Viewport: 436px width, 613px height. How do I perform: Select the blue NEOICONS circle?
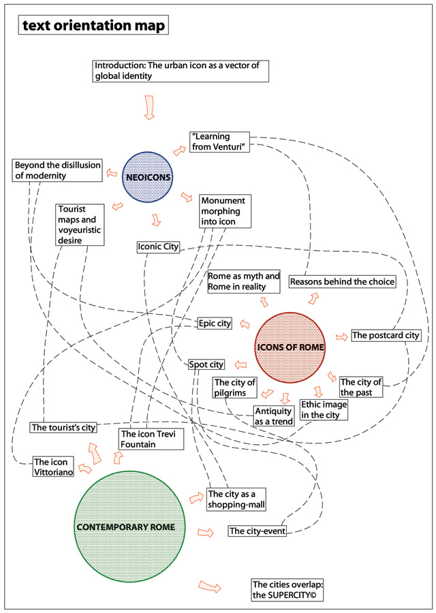pos(148,178)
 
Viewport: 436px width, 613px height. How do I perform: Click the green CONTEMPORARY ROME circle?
pos(131,526)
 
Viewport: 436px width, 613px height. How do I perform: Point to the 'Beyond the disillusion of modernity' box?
pos(58,170)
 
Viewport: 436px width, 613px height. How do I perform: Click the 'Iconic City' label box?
pos(158,247)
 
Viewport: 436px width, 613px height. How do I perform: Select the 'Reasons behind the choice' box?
pos(342,281)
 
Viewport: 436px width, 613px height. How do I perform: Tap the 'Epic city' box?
pos(215,323)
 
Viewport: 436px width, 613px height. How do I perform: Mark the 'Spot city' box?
pos(206,365)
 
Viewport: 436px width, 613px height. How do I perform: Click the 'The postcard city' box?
pos(385,335)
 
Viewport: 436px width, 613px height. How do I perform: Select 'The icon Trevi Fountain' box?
pos(151,439)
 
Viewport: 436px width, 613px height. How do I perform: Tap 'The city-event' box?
pos(257,531)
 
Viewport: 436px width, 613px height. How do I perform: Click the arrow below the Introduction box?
pos(150,107)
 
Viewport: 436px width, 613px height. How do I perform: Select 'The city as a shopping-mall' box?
pos(236,499)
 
